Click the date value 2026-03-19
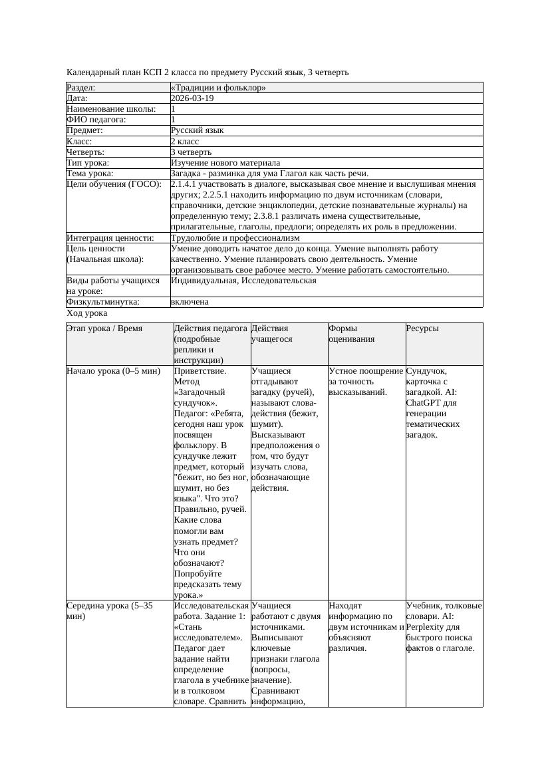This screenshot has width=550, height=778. [x=192, y=98]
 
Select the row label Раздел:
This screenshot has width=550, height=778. [x=81, y=88]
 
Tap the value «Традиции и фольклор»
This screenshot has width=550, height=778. [x=218, y=88]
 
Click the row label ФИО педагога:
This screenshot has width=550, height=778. [x=96, y=120]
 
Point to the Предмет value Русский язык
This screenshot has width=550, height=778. [x=197, y=130]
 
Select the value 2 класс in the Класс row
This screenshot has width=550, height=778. [x=185, y=141]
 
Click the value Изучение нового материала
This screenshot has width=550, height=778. [x=225, y=162]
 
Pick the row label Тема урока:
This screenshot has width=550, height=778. [x=90, y=174]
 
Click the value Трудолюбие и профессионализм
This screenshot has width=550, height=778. [x=235, y=237]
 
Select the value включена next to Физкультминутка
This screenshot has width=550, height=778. [x=190, y=302]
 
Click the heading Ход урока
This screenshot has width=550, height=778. [x=87, y=313]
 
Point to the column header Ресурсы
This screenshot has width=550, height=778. [x=422, y=328]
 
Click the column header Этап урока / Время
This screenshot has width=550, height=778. [x=104, y=328]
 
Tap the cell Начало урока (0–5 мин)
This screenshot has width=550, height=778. [x=114, y=371]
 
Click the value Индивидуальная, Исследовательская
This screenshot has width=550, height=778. [x=243, y=281]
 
